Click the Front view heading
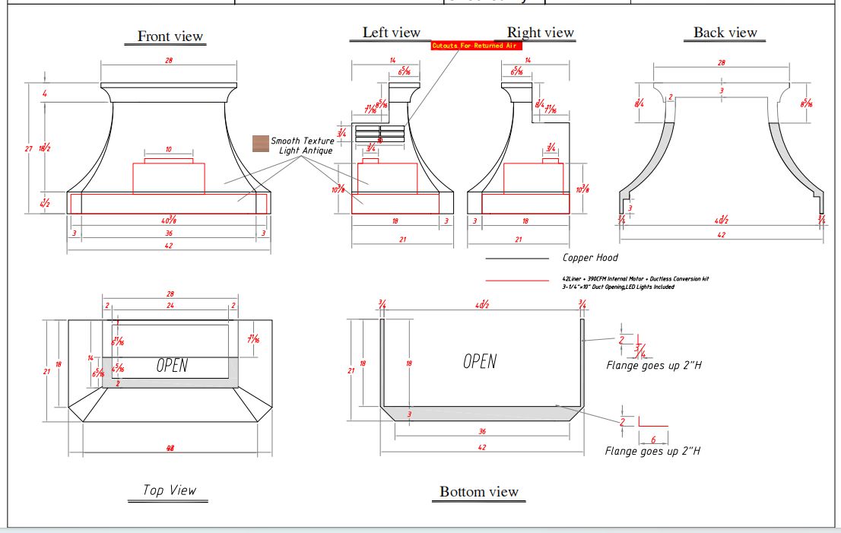click(170, 36)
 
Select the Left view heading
click(391, 32)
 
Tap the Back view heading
click(725, 32)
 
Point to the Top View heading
click(170, 490)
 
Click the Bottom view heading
click(479, 492)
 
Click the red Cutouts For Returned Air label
click(477, 46)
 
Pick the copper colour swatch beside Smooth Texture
click(261, 143)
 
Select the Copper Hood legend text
click(590, 258)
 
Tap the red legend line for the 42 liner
click(516, 281)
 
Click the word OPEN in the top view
click(172, 366)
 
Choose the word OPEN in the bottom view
click(480, 361)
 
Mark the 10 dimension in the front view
click(168, 149)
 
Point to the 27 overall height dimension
click(28, 148)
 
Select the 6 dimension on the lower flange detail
click(653, 439)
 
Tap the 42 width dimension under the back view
click(721, 235)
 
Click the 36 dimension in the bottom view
click(481, 431)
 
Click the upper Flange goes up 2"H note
click(653, 365)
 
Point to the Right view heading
click(540, 32)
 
